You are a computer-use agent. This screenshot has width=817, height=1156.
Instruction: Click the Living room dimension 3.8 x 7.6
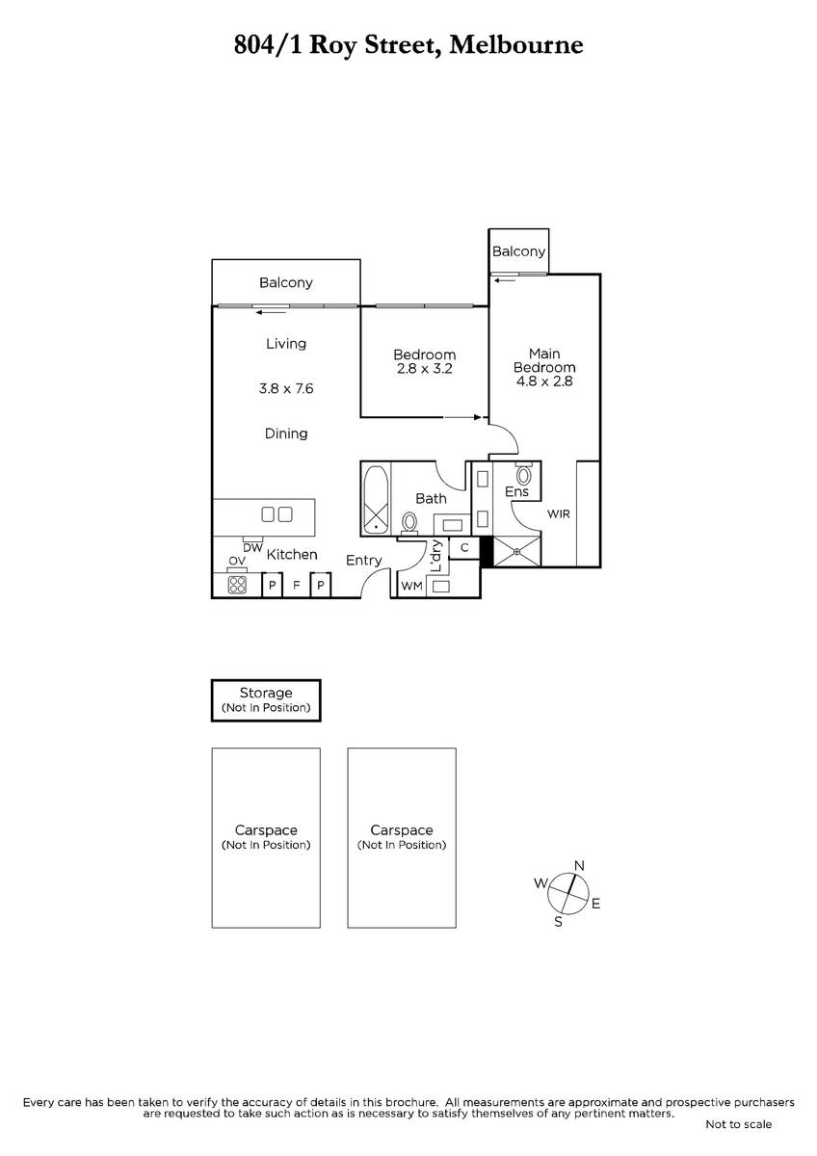286,388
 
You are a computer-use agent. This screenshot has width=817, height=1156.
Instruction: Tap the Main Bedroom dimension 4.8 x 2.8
544,381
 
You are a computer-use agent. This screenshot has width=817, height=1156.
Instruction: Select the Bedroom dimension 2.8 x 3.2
424,368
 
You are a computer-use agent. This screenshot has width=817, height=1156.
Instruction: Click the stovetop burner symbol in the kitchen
237,585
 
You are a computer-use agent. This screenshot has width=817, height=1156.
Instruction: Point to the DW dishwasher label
252,548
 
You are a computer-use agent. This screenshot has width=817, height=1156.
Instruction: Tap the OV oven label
237,561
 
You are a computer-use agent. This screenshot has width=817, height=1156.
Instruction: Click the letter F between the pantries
296,586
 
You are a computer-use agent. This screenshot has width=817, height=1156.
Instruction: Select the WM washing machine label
411,586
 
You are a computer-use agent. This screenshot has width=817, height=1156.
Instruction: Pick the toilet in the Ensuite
523,474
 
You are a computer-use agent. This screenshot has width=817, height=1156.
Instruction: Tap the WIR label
559,514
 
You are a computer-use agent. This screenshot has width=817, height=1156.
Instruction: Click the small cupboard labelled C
464,548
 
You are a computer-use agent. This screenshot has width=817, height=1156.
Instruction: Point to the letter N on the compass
579,865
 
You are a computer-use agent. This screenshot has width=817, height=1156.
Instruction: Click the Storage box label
266,693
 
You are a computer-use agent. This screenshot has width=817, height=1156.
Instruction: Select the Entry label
364,561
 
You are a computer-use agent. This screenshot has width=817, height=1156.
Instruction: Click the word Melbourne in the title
516,44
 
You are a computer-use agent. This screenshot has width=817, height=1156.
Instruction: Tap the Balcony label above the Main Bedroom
518,251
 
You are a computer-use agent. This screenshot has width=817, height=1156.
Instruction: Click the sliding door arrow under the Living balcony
272,312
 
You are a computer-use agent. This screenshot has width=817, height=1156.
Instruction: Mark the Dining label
286,434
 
